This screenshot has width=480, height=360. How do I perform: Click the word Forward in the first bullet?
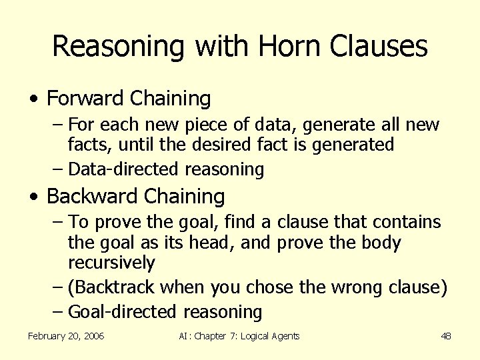[x=85, y=99]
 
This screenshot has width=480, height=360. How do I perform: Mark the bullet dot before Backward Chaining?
[x=33, y=197]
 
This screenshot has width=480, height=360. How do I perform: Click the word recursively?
[x=111, y=263]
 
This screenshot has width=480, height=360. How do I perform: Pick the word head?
[x=216, y=242]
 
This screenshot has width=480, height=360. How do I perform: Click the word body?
[x=380, y=242]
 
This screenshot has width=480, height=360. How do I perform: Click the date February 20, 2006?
[x=66, y=336]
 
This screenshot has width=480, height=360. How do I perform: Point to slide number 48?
[x=446, y=336]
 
